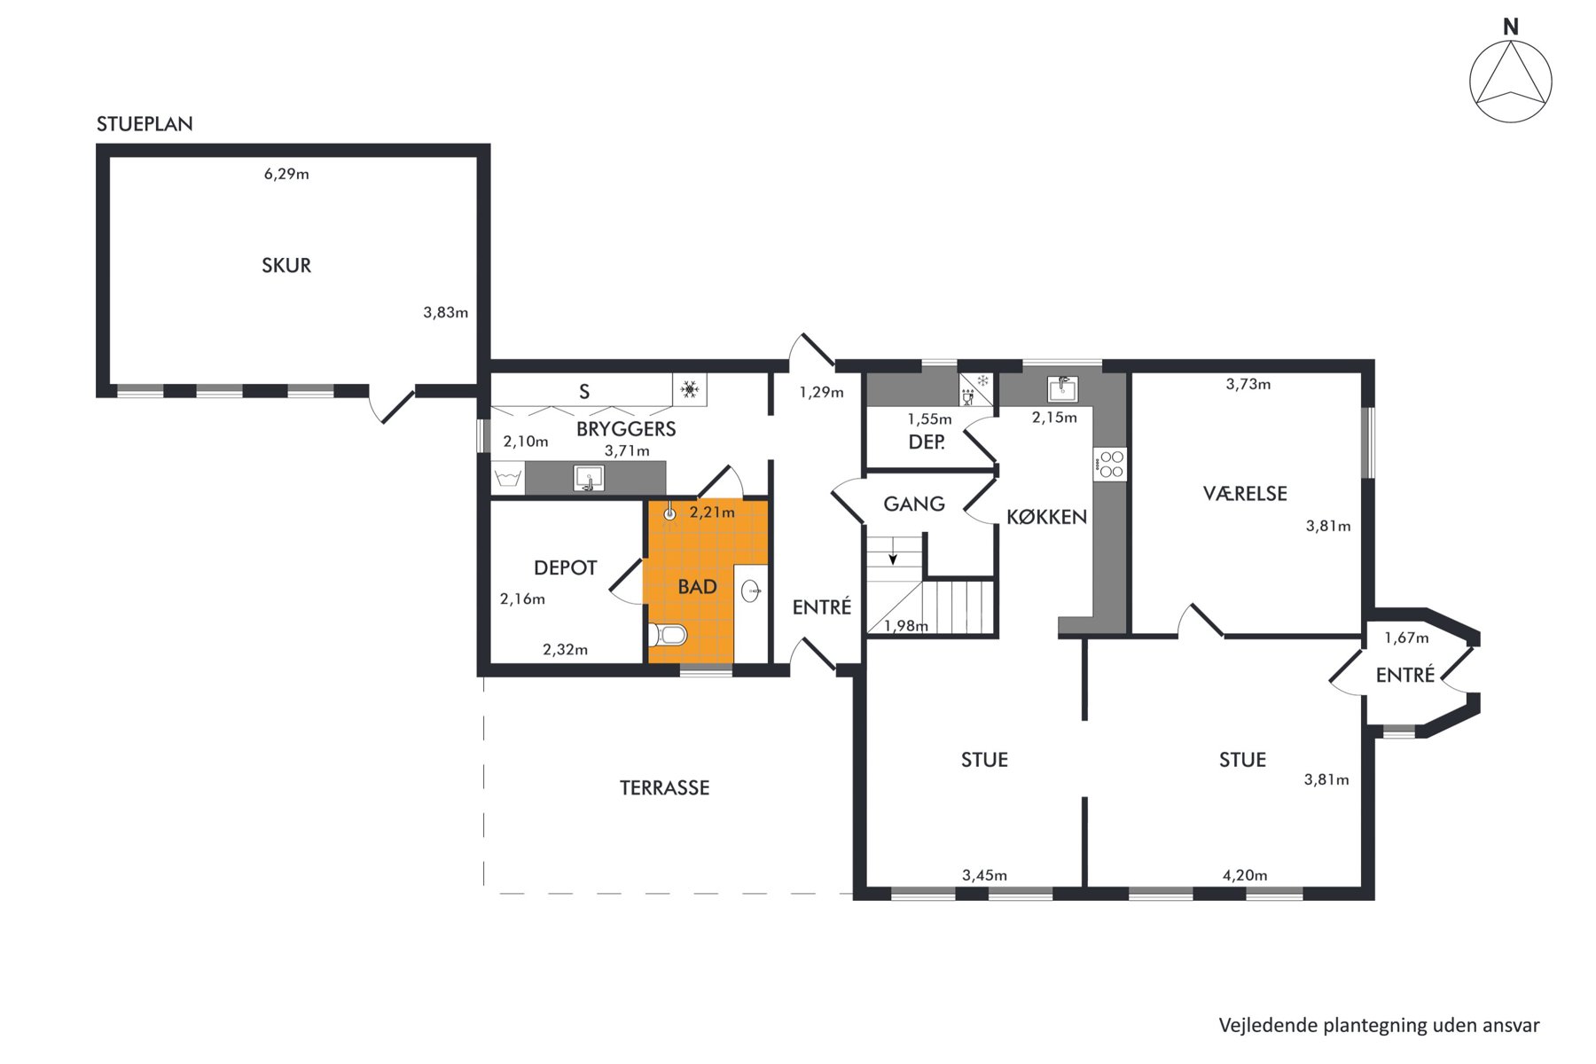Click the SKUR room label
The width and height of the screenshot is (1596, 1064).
click(x=286, y=265)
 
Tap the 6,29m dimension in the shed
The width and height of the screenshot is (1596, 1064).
click(x=286, y=174)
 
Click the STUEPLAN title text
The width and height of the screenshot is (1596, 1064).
click(x=145, y=124)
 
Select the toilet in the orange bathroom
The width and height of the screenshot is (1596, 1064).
click(x=668, y=635)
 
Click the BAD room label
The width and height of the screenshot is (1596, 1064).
click(x=697, y=587)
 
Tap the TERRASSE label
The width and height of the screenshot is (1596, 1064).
click(x=664, y=787)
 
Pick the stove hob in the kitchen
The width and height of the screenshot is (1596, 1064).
click(x=1111, y=465)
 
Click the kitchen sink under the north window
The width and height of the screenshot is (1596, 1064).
click(x=1062, y=388)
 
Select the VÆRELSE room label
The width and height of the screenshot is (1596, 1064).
click(x=1245, y=493)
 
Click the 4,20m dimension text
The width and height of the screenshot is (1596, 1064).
click(x=1245, y=875)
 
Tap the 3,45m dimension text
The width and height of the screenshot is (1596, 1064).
click(x=984, y=875)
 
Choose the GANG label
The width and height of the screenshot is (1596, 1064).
click(x=914, y=504)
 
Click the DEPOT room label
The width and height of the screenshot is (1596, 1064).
click(x=566, y=567)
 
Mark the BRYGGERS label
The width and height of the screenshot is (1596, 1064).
click(x=626, y=429)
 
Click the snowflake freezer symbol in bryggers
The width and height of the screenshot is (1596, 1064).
click(x=690, y=389)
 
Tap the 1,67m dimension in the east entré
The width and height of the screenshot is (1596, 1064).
click(x=1406, y=638)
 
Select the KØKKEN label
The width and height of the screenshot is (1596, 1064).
click(x=1046, y=517)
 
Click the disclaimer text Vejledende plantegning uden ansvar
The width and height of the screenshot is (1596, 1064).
click(x=1379, y=1026)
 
